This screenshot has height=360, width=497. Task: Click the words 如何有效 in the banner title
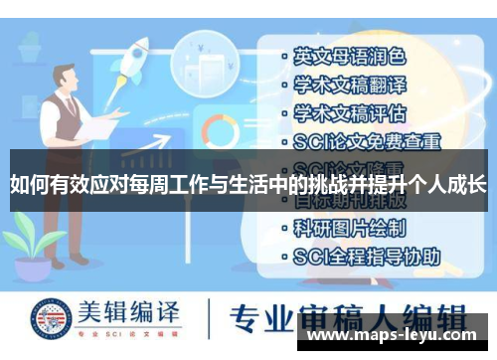tap(43, 184)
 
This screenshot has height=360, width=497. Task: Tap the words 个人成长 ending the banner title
tap(451, 184)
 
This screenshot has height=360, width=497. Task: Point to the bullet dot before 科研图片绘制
tap(284, 229)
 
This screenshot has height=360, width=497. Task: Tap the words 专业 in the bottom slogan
tap(254, 319)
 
